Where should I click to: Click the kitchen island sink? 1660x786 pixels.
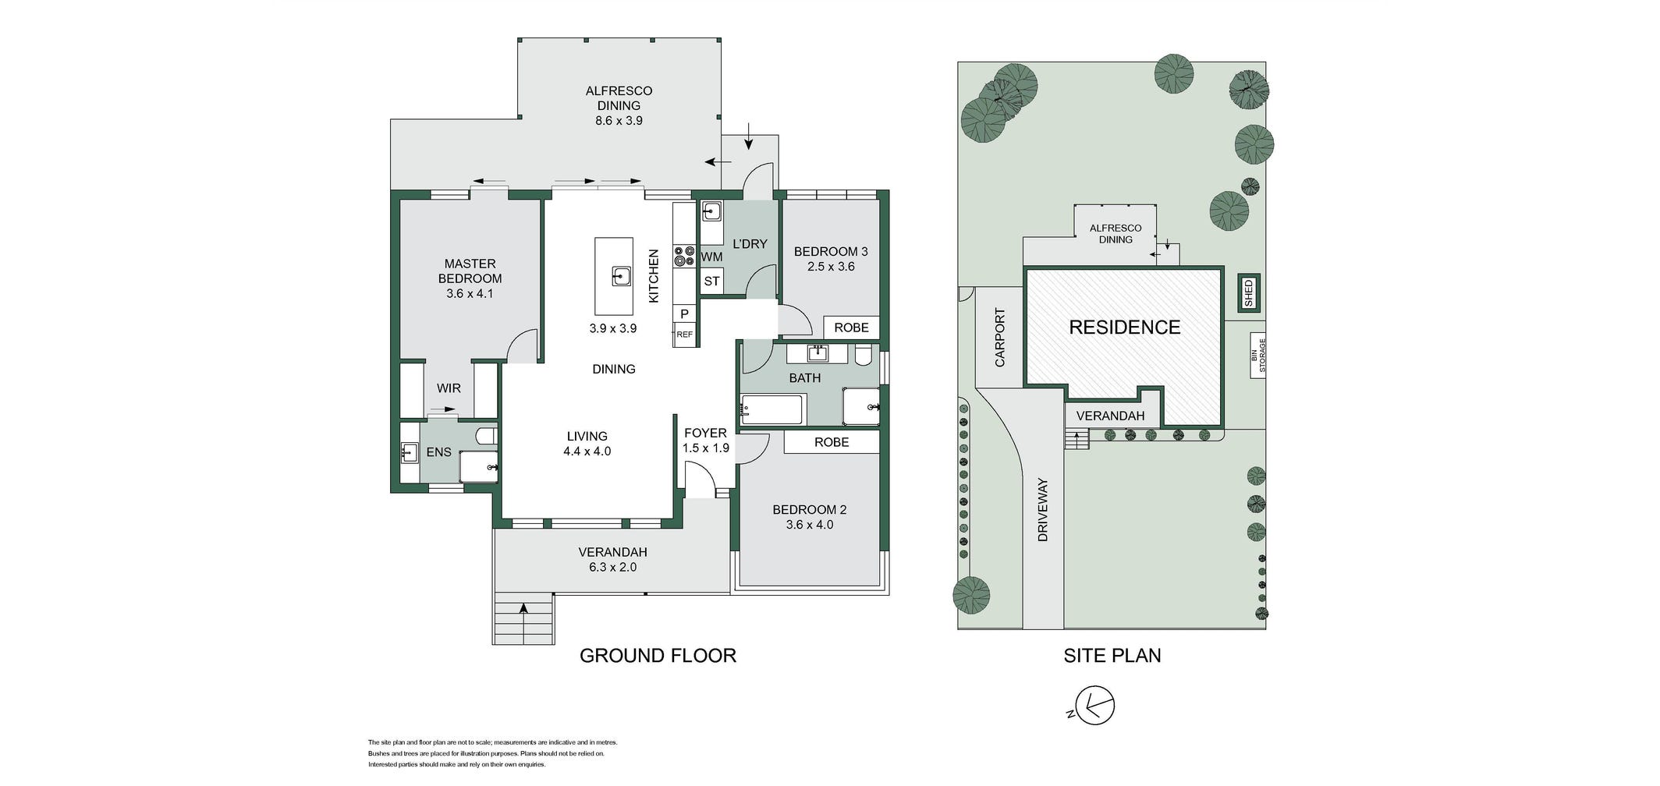point(621,276)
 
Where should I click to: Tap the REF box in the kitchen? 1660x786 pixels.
point(684,335)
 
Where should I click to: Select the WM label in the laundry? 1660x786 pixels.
point(711,257)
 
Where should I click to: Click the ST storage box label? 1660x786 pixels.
point(711,281)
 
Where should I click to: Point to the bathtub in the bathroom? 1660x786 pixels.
point(771,409)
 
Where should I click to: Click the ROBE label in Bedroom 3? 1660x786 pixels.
point(851,327)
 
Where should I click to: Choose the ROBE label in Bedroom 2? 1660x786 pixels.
point(832,442)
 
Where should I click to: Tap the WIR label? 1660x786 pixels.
point(449,388)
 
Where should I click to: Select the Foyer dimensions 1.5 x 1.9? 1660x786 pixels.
point(705,448)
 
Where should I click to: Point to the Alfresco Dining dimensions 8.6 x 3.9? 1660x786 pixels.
point(619,121)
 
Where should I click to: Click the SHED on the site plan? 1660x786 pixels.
point(1248,293)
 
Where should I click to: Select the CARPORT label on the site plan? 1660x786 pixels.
point(1000,338)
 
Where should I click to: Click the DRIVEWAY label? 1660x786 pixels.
point(1043,510)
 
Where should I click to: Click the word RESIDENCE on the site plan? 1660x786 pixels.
point(1124,327)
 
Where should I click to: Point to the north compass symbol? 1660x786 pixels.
point(1094,706)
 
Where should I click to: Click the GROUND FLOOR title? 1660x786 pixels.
point(658,656)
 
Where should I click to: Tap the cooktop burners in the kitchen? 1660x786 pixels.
point(684,257)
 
